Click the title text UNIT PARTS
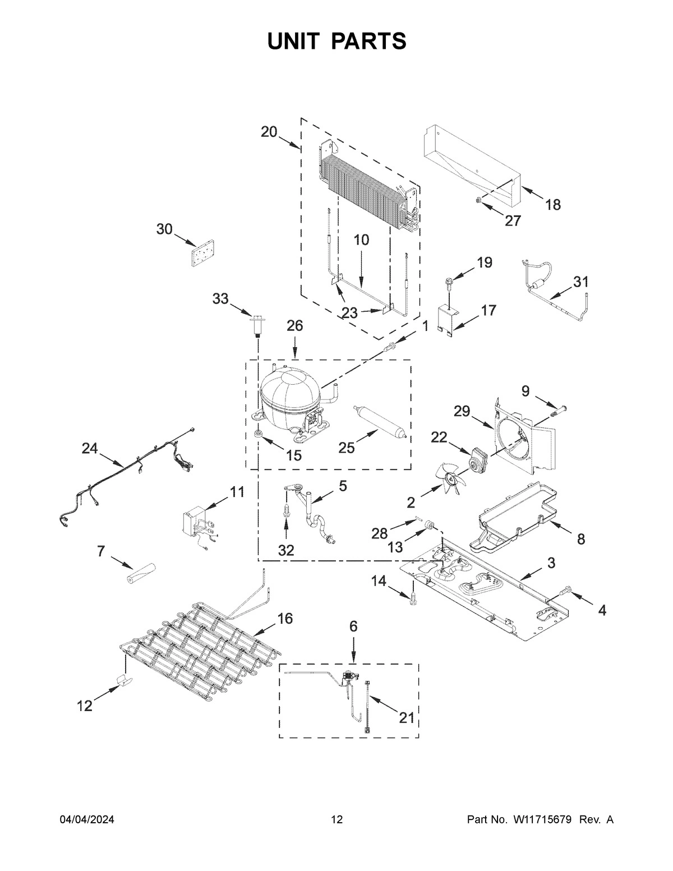336,42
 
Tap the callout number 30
164,229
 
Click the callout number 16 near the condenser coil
285,619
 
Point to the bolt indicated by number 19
449,280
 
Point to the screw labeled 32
287,511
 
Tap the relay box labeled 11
196,522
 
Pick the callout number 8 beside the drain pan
580,539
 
